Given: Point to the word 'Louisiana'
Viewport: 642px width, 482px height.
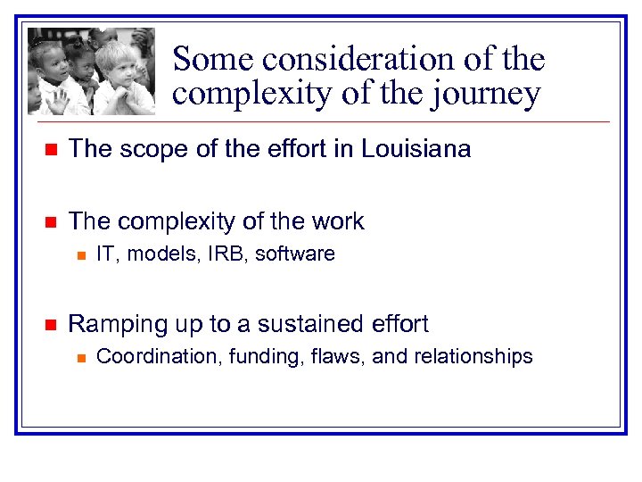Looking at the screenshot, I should (416, 148).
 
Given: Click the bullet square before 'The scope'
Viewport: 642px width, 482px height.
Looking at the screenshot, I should (51, 149).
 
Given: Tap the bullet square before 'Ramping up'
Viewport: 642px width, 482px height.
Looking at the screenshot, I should (51, 324).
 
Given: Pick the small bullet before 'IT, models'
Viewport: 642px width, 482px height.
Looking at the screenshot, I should (79, 255).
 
